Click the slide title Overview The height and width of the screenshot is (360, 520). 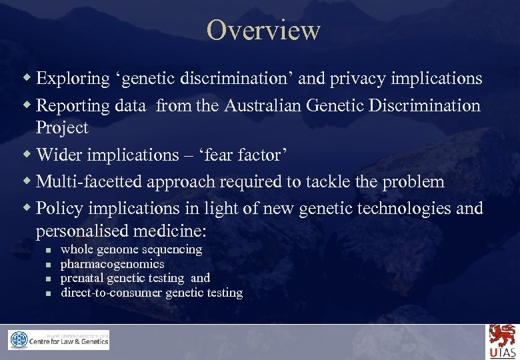tap(263, 31)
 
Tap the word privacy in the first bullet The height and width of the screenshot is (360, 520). tap(359, 79)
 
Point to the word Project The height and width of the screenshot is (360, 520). tap(62, 127)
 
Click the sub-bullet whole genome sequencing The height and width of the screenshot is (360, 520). tap(131, 249)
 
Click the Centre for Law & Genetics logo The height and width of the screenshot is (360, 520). tap(59, 340)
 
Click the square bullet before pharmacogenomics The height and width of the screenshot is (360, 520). tap(47, 265)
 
